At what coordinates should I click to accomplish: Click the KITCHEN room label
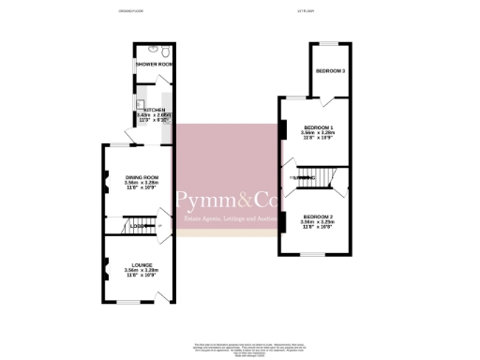155,110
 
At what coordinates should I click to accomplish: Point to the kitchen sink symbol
141,104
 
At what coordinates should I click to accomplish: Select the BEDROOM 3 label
330,71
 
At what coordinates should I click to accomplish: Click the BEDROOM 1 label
320,127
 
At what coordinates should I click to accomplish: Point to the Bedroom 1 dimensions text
320,136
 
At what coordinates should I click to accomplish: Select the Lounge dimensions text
142,274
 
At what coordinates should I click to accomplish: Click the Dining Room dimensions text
142,186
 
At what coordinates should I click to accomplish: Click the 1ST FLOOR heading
305,11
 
